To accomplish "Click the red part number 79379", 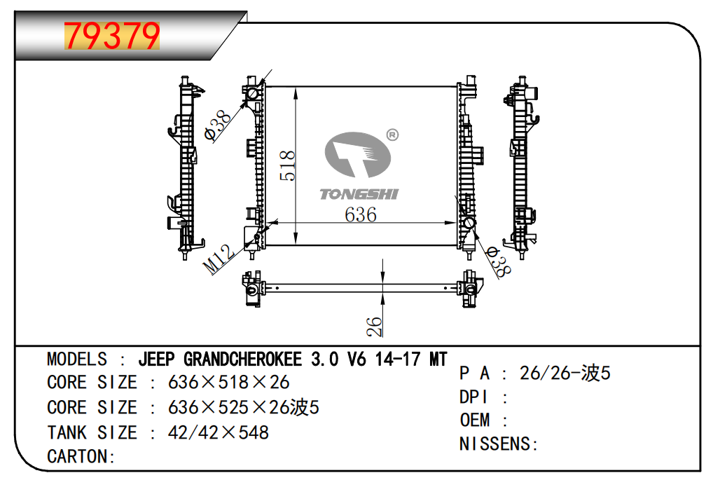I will [112, 36].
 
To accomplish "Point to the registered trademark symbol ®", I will [392, 135].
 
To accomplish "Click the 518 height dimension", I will [288, 166].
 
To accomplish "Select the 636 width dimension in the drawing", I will [361, 214].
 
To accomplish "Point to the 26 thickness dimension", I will [375, 326].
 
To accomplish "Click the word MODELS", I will [77, 359].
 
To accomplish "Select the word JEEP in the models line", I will [158, 359].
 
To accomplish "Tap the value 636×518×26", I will [228, 383].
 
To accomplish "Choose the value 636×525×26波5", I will [244, 407].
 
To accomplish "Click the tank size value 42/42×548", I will [219, 432].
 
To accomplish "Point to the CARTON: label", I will [81, 457].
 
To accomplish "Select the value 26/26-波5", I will [565, 373].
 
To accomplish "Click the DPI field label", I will [474, 397].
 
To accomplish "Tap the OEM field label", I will [475, 420].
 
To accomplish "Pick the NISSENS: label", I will [498, 444].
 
